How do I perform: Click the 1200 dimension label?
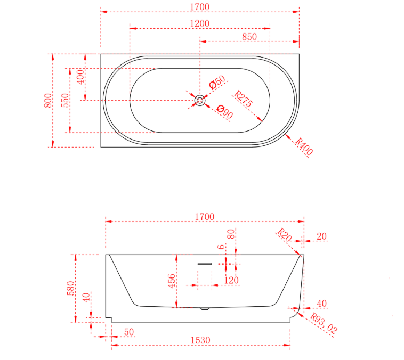(x=200, y=23)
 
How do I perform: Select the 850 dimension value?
(x=249, y=37)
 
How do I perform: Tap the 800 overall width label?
(x=48, y=101)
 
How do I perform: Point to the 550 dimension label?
(x=65, y=101)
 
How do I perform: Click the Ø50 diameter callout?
(x=217, y=83)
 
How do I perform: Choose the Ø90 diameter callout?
(x=225, y=112)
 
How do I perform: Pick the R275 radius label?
(x=243, y=99)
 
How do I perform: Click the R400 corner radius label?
(x=304, y=146)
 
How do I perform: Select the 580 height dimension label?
(x=70, y=288)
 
